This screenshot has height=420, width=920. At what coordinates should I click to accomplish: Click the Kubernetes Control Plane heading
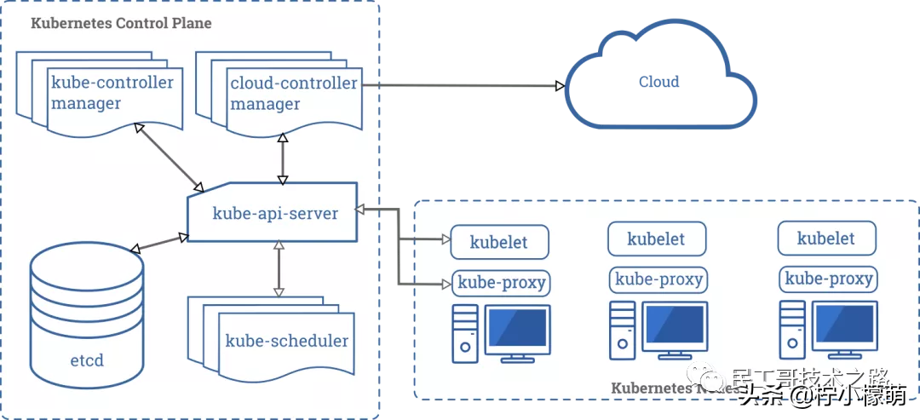tap(121, 24)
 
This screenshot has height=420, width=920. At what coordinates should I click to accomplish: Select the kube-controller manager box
tap(112, 94)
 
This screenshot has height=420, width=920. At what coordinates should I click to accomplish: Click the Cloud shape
tap(659, 83)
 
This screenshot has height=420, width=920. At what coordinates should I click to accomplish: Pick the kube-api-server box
tap(274, 213)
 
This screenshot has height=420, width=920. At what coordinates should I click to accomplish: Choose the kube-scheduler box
tap(286, 341)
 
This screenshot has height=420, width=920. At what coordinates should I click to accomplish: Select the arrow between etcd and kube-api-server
tap(160, 242)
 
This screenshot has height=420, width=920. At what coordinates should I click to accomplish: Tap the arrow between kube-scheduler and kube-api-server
tap(277, 268)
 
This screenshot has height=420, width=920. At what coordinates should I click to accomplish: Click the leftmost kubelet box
tap(499, 243)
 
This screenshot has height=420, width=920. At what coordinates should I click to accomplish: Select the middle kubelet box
tap(656, 239)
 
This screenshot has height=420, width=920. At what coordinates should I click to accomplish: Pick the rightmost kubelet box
tap(825, 239)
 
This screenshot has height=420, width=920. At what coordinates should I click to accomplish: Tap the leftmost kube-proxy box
tap(502, 283)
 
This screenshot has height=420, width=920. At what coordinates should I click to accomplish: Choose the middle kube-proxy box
tap(658, 279)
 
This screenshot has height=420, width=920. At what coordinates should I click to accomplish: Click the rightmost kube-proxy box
tap(828, 279)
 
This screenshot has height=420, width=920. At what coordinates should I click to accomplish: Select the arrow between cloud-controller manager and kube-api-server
tap(283, 159)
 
